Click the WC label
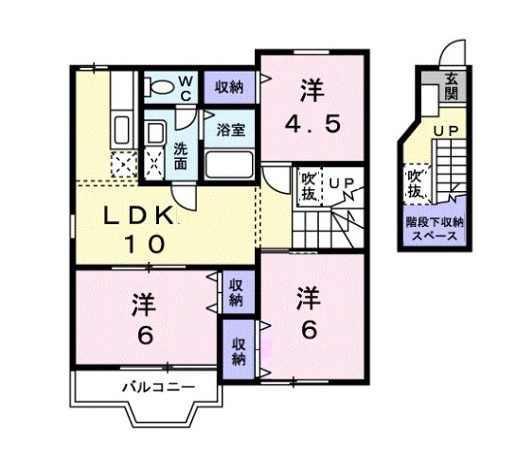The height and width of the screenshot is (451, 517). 186,88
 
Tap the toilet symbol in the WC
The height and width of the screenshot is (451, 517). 161,88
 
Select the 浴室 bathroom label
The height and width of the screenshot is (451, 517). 230,130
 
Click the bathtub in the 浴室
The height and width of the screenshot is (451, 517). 230,164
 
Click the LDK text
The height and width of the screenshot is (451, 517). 138,216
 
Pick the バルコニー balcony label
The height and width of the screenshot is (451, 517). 158,387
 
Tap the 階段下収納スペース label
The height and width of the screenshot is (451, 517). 432,230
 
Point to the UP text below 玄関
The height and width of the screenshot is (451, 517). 445,130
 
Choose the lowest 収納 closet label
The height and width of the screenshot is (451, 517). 238,351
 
